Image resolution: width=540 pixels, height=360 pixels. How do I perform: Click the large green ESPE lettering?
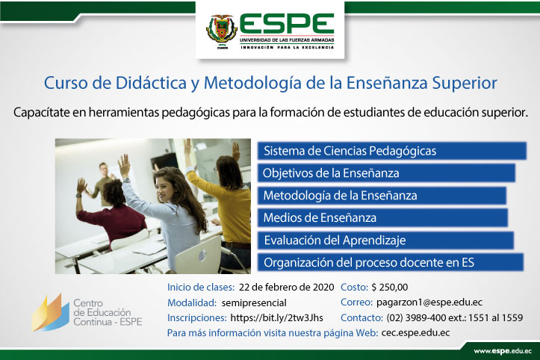coord(287,23)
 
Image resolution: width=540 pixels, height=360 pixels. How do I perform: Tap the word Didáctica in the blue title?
coord(151,83)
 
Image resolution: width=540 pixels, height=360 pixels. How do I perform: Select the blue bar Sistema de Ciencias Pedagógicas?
coord(392,151)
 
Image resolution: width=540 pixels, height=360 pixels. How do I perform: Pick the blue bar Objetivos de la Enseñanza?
coord(386,173)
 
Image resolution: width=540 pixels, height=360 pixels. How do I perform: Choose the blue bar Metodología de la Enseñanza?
coord(382,196)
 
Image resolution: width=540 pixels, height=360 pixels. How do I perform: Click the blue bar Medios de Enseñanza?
coord(382,218)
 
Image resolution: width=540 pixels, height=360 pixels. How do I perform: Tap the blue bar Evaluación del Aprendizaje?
coord(385,240)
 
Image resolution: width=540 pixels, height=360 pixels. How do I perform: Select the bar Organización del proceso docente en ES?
coord(391,262)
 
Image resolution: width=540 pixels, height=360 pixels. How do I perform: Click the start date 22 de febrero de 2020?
coord(287,288)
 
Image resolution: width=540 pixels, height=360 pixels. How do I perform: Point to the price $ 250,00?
coord(390,288)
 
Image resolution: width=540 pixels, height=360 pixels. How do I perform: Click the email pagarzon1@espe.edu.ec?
coord(429,302)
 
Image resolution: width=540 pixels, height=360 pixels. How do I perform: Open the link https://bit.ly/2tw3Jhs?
coord(276,317)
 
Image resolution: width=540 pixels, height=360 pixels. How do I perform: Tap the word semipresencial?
coord(254,302)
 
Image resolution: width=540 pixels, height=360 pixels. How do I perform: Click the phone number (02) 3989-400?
coord(416,317)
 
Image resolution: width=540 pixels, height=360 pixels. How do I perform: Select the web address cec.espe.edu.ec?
coord(415,333)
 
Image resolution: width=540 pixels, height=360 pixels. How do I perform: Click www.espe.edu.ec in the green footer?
coord(503,351)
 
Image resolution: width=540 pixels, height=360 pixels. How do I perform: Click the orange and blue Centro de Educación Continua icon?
coord(51,313)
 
